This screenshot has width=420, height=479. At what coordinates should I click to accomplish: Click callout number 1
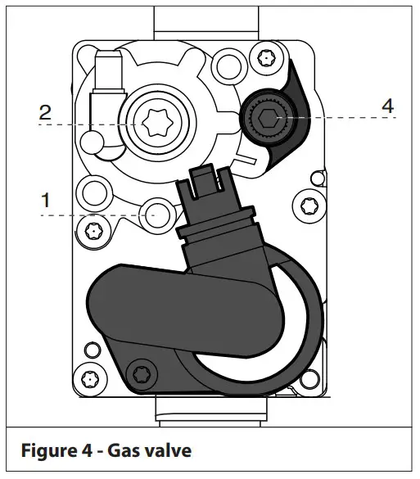pos(46,200)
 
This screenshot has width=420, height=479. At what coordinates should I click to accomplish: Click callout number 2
pos(45,112)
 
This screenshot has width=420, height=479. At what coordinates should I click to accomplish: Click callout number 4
pos(387,106)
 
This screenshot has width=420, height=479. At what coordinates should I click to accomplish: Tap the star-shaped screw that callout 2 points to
pos(158,123)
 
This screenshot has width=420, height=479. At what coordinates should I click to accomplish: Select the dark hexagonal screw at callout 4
pos(269,118)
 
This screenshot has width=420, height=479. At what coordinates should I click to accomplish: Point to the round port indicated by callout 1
pos(154,215)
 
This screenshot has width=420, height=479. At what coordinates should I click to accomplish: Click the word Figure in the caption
pos(49,450)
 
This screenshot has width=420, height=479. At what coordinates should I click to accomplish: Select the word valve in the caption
pos(167,450)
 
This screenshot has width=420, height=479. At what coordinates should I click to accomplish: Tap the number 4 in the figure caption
pos(87,450)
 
